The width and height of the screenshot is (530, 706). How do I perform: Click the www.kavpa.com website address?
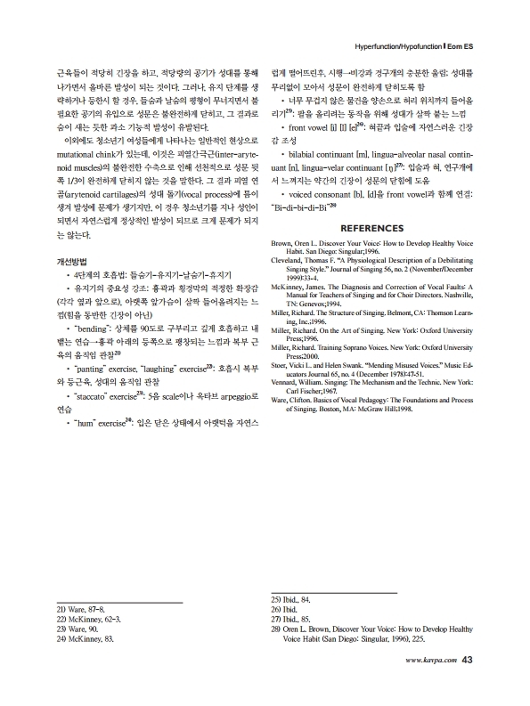click(x=431, y=660)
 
